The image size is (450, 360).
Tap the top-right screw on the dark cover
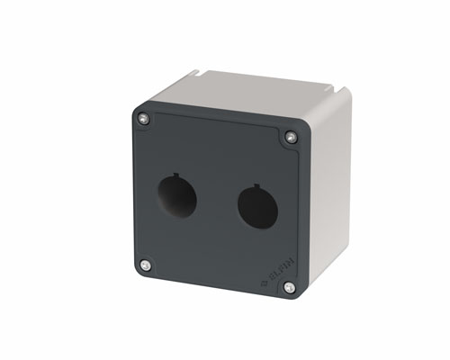tap(290, 137)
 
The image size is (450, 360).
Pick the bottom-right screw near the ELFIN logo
tap(288, 288)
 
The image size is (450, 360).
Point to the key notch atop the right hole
tap(258, 186)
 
